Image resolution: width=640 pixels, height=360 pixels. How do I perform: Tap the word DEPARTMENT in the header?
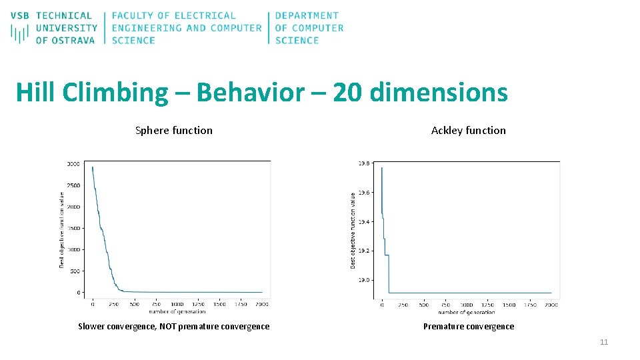click(x=307, y=15)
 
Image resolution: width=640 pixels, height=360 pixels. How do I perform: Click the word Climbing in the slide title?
click(x=116, y=93)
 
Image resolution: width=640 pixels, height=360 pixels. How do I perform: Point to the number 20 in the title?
click(x=347, y=93)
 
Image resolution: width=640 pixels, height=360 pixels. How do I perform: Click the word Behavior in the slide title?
click(x=250, y=93)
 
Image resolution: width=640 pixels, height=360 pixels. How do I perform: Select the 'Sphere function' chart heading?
click(x=173, y=131)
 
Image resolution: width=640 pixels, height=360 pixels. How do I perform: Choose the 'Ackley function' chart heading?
click(x=468, y=131)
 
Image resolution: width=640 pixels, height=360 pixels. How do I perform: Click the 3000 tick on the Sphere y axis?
click(x=73, y=164)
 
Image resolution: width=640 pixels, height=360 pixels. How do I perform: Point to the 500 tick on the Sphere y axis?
click(x=75, y=271)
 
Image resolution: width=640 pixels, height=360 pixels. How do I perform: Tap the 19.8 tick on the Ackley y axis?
click(x=365, y=163)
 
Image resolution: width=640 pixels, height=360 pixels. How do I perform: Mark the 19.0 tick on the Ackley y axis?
click(x=365, y=281)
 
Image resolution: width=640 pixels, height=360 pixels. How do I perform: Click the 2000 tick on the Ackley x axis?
click(x=551, y=305)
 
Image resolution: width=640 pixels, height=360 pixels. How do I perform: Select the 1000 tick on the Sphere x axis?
click(x=177, y=305)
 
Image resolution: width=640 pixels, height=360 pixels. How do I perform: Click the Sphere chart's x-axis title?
click(x=177, y=311)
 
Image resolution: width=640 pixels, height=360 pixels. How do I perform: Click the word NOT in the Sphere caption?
click(x=169, y=327)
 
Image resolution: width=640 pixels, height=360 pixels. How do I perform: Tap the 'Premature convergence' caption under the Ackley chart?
click(x=468, y=327)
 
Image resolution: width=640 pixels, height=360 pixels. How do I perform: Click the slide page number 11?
click(x=604, y=343)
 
